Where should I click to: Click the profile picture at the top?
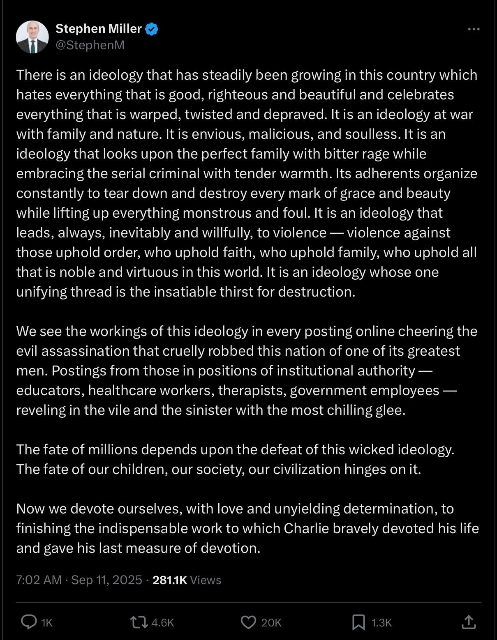[x=32, y=37]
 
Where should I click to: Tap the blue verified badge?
[x=152, y=29]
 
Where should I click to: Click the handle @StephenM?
[x=90, y=45]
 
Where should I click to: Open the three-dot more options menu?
[x=474, y=29]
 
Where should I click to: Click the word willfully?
[x=227, y=233]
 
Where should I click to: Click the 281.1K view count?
[x=169, y=580]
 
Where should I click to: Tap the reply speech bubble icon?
[x=29, y=622]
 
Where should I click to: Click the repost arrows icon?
[x=139, y=622]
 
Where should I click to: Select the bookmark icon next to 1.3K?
[x=358, y=622]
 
